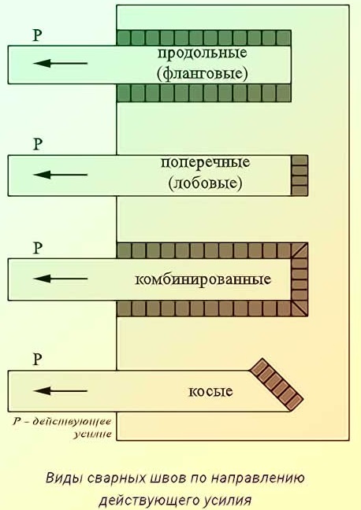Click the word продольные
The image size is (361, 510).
(202, 54)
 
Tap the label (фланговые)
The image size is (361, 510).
(202, 73)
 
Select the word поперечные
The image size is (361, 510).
(205, 163)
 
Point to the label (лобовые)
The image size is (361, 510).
(205, 183)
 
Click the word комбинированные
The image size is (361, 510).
(203, 279)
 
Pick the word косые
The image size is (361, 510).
(210, 391)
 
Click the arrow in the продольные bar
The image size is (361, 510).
(60, 63)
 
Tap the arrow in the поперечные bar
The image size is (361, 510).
(60, 175)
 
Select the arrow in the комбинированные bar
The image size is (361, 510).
(60, 279)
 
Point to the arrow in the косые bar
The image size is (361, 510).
(60, 390)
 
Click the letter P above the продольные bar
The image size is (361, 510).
(38, 35)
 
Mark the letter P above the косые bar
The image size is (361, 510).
(38, 360)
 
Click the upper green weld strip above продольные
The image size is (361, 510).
(203, 38)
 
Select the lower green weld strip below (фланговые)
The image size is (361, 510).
(203, 93)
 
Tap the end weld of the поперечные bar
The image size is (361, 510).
(299, 176)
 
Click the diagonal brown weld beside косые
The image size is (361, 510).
(277, 384)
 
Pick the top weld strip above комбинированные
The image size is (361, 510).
(203, 250)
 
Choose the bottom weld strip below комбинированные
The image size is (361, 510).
(203, 308)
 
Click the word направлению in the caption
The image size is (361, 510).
(258, 479)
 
